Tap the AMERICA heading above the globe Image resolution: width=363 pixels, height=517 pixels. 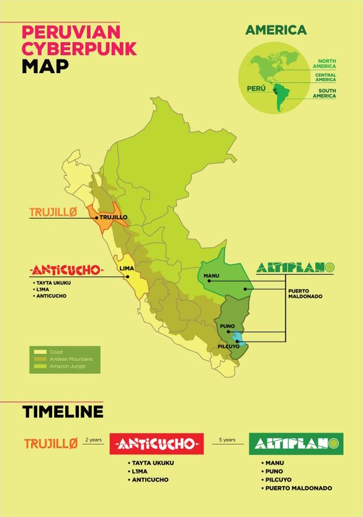click(276, 30)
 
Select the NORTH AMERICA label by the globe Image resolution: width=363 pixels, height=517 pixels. click(323, 63)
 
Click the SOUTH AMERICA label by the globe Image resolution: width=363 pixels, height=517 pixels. click(323, 94)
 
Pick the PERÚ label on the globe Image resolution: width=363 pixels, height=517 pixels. click(256, 89)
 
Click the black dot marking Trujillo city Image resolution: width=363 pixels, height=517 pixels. click(97, 218)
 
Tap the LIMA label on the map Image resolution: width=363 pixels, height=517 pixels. click(126, 268)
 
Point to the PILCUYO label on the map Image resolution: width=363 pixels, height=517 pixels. click(228, 346)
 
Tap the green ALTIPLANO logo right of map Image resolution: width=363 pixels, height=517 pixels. click(295, 268)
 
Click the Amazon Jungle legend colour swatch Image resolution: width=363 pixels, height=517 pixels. click(40, 366)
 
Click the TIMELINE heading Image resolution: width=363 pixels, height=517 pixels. click(63, 412)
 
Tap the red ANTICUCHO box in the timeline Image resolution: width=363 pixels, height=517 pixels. click(156, 444)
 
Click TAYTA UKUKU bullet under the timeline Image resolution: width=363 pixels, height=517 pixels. click(152, 463)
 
